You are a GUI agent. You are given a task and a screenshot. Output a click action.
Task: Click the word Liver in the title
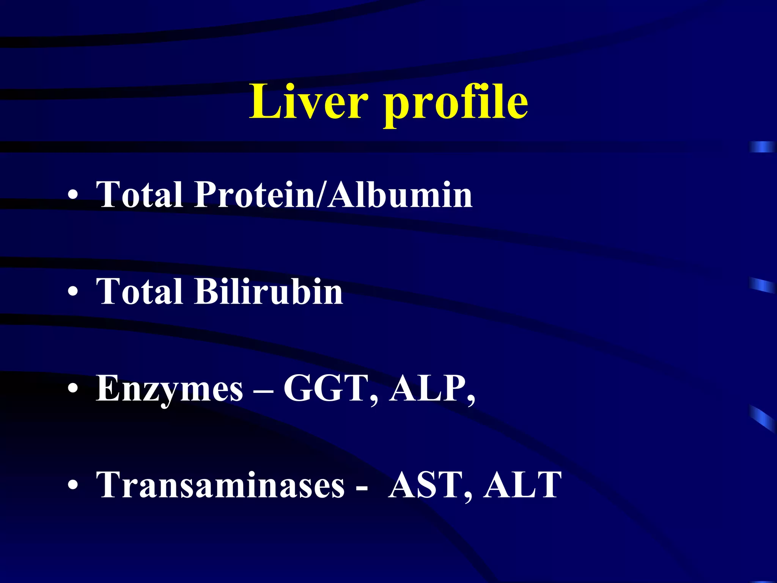coord(308,102)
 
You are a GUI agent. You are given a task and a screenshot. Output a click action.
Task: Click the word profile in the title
coord(455,103)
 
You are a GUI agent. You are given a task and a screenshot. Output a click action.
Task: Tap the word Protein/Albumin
coord(333,195)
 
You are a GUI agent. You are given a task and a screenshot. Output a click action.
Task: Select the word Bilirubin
coord(269,291)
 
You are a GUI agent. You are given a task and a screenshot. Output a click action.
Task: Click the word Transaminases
coord(220,485)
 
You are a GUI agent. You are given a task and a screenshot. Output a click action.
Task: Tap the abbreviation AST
coord(430,485)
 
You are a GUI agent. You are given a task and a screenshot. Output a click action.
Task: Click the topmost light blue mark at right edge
coord(762,147)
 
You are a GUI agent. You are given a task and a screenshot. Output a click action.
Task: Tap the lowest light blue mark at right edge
coord(763,418)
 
